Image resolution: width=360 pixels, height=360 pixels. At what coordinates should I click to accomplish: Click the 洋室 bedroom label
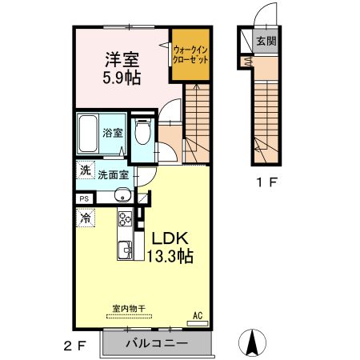122,60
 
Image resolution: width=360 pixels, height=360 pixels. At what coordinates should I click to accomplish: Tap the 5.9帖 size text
122,78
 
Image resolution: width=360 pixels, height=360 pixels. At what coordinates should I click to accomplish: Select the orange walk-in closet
190,54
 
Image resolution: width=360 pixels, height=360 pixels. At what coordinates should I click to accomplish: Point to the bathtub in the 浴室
88,134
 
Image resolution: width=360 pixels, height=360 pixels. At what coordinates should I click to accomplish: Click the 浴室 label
113,133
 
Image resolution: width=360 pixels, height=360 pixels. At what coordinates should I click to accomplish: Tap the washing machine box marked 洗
86,170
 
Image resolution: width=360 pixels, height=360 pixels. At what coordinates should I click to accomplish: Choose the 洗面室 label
114,175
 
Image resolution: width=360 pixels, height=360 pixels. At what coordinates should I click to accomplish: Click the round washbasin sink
122,194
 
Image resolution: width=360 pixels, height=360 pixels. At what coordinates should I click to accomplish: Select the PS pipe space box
85,199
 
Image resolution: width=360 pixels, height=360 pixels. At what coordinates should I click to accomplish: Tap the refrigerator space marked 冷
86,218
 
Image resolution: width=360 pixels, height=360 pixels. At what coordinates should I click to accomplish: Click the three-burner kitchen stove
126,219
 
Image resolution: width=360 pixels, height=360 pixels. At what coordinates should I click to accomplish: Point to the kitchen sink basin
125,250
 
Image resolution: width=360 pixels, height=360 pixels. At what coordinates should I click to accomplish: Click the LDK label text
170,238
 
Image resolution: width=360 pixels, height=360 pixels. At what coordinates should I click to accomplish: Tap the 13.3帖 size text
170,256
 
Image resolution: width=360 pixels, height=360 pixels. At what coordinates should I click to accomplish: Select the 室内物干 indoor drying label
129,309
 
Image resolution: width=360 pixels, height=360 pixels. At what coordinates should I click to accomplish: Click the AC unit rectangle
198,323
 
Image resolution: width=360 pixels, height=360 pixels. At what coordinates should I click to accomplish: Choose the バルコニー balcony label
157,342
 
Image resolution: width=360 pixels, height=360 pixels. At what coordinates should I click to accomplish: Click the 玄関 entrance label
266,41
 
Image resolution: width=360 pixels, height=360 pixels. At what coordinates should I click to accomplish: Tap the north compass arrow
252,342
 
